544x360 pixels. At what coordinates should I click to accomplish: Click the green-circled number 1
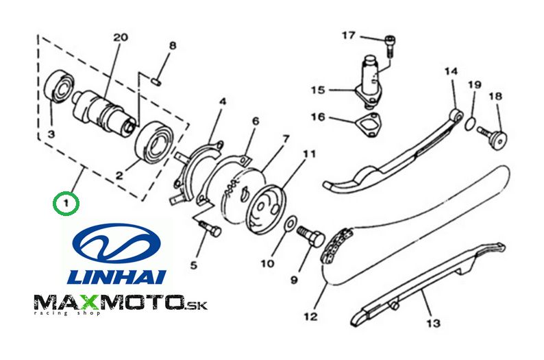66,203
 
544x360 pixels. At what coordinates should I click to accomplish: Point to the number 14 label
451,71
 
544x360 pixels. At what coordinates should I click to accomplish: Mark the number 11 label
309,153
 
